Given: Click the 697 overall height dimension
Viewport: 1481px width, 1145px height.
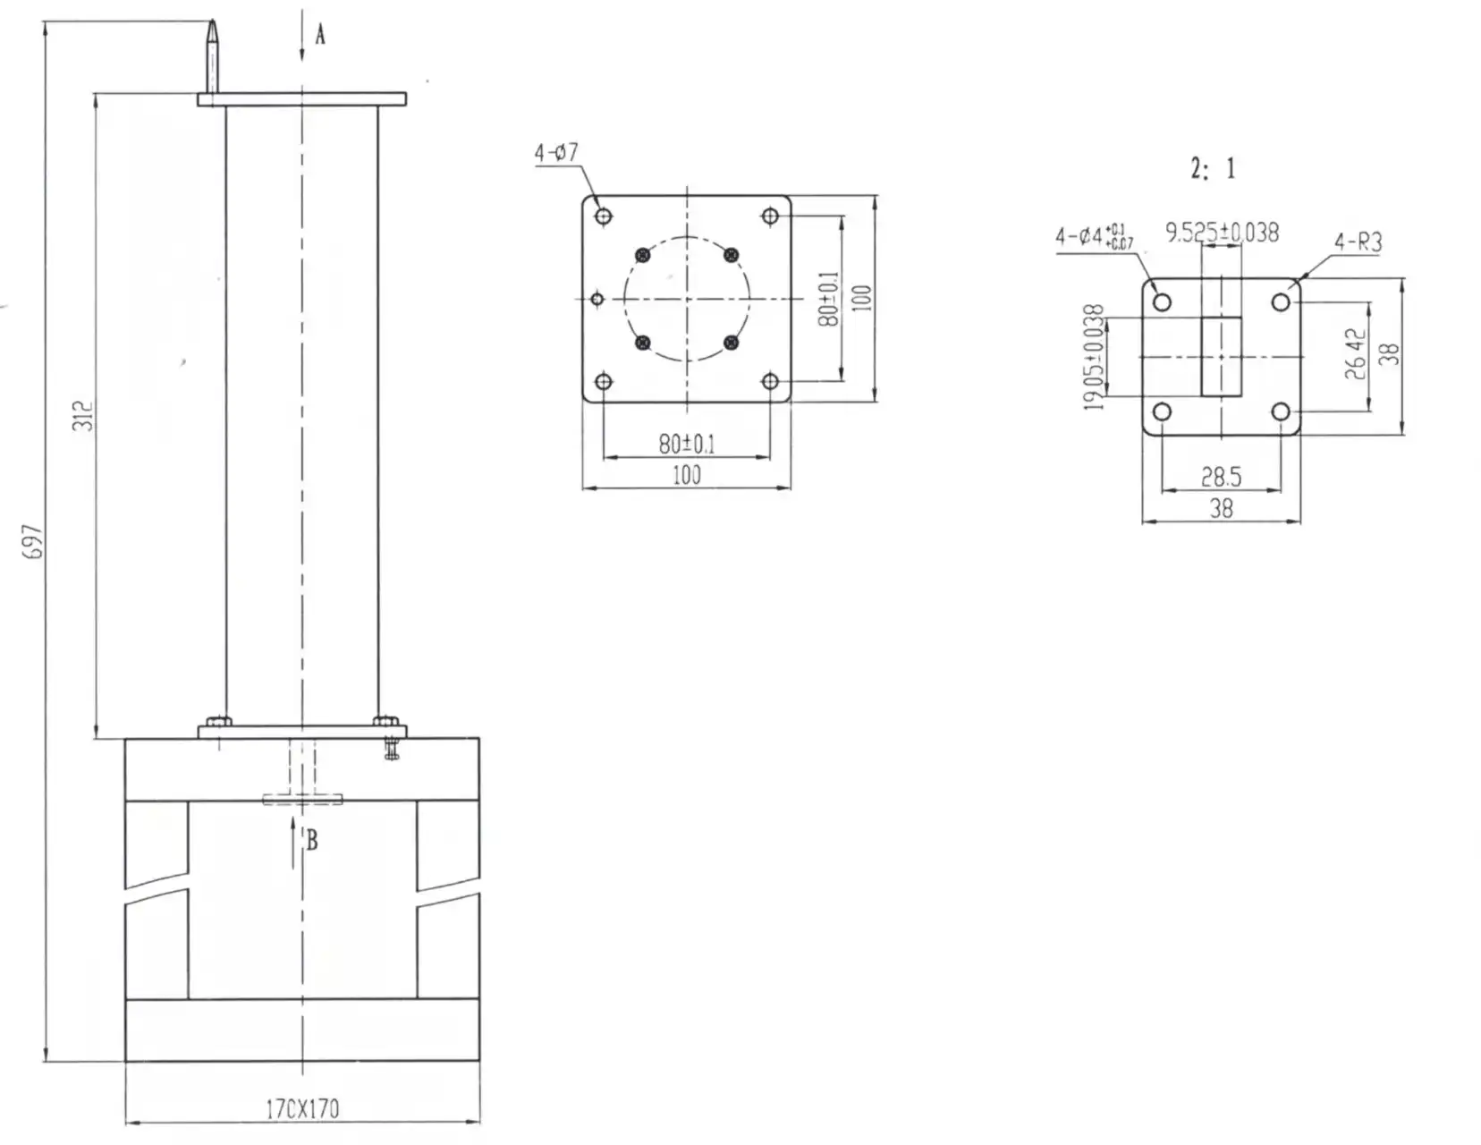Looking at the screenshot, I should tap(32, 541).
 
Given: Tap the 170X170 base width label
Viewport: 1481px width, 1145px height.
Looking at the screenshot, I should tap(302, 1109).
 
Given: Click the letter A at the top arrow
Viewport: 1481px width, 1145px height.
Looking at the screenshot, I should tap(320, 35).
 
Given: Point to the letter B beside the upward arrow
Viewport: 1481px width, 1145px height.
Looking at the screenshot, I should tap(312, 841).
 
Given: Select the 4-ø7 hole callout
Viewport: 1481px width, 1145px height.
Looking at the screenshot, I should tap(556, 153).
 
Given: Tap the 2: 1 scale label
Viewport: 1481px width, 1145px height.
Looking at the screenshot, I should tap(1213, 168).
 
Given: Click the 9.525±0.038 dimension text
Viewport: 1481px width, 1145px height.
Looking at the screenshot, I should tap(1222, 233).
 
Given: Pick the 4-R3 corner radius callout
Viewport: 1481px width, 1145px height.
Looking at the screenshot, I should tap(1358, 242).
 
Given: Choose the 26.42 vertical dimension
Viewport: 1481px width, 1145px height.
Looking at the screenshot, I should tap(1356, 354).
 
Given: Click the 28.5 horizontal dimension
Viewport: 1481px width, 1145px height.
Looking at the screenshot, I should tap(1221, 476).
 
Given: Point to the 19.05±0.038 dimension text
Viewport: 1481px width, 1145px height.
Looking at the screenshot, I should tap(1094, 357).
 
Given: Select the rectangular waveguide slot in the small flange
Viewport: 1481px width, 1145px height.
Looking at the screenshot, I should tap(1221, 356).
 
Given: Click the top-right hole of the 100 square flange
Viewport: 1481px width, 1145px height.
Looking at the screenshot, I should tap(770, 216).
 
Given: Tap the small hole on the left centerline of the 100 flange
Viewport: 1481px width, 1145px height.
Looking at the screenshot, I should tap(598, 299).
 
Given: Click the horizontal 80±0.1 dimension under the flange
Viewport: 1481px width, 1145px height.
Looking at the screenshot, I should tap(686, 444).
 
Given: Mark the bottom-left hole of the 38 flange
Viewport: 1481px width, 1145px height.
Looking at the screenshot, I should tap(1162, 412).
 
